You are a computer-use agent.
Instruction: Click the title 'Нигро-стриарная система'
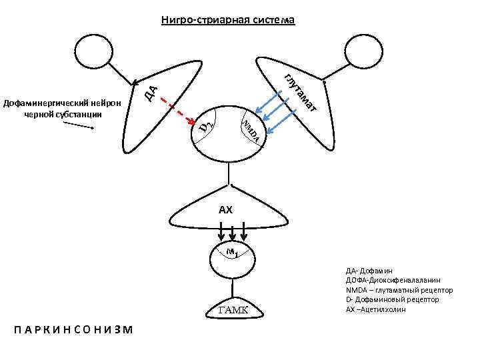coord(227,20)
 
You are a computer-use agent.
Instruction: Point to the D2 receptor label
coord(207,125)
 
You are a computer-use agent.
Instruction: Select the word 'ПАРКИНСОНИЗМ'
coord(73,330)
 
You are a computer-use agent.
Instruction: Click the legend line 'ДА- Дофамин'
coord(369,271)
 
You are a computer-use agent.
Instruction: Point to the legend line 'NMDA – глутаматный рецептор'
coord(399,291)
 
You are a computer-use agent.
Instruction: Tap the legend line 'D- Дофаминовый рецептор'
coord(392,300)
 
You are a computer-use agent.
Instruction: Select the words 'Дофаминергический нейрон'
coord(61,103)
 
